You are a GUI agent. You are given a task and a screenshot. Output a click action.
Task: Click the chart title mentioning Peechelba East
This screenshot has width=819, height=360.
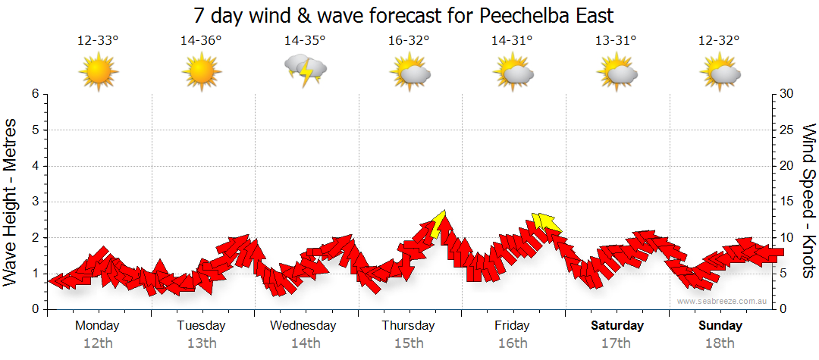pyautogui.click(x=403, y=15)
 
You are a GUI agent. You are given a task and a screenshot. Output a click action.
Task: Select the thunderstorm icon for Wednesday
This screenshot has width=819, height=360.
pyautogui.click(x=306, y=70)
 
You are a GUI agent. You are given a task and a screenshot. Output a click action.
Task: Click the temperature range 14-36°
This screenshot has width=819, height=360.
pyautogui.click(x=201, y=41)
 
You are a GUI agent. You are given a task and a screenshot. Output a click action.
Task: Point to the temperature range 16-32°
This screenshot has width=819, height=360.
pyautogui.click(x=409, y=41)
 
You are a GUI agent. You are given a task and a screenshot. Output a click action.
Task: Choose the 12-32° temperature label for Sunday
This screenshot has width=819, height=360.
pyautogui.click(x=720, y=41)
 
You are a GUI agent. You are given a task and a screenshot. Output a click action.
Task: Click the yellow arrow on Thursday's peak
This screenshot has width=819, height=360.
pyautogui.click(x=438, y=225)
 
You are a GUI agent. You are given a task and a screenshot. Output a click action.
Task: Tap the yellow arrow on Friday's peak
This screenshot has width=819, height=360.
pyautogui.click(x=546, y=222)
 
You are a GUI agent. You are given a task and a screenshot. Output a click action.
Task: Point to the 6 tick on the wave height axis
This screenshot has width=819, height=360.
pyautogui.click(x=35, y=94)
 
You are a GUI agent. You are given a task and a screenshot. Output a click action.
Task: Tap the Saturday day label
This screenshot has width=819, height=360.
pyautogui.click(x=617, y=326)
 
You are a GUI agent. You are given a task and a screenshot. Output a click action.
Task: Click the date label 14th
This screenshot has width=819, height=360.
pyautogui.click(x=306, y=343)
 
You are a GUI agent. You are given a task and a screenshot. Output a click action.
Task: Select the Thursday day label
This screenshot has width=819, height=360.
pyautogui.click(x=408, y=326)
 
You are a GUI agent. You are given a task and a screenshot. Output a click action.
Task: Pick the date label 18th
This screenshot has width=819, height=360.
pyautogui.click(x=720, y=343)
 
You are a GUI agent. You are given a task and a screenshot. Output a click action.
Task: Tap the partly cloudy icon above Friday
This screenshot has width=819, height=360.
pyautogui.click(x=513, y=71)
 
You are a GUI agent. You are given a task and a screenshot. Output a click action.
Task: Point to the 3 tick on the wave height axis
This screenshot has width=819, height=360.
pyautogui.click(x=35, y=202)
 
